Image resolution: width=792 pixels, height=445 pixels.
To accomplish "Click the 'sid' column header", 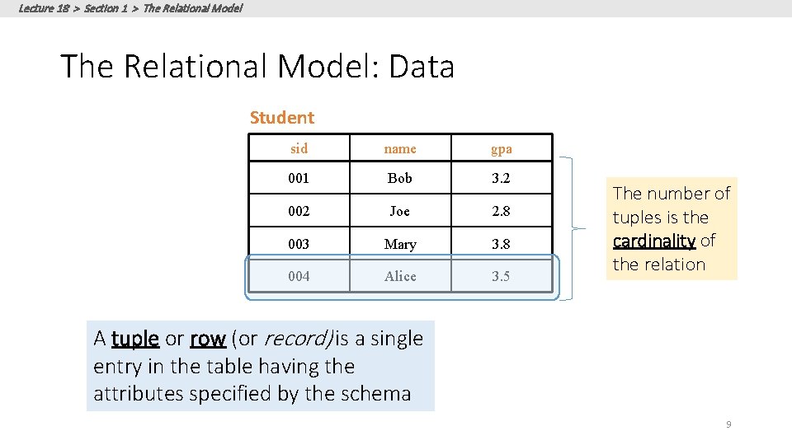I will pyautogui.click(x=299, y=149).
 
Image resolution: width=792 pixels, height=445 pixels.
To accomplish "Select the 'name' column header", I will pyautogui.click(x=400, y=149).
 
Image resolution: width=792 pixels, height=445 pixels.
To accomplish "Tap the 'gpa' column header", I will pyautogui.click(x=501, y=149).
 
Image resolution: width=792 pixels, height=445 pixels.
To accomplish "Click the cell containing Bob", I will pyautogui.click(x=400, y=178).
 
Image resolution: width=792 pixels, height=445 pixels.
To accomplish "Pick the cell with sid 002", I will pyautogui.click(x=299, y=211).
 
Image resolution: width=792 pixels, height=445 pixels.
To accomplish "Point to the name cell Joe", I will pyautogui.click(x=400, y=211).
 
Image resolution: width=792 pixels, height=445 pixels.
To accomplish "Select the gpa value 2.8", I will pyautogui.click(x=501, y=211).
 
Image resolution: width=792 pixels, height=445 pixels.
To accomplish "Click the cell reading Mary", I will pyautogui.click(x=400, y=244).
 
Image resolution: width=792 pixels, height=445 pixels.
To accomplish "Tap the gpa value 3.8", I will pyautogui.click(x=501, y=244).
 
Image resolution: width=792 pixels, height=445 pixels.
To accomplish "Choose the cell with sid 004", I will pyautogui.click(x=299, y=276).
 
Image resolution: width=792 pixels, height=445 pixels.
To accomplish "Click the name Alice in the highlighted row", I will pyautogui.click(x=400, y=276).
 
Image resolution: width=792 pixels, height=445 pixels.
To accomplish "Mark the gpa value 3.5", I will pyautogui.click(x=501, y=276).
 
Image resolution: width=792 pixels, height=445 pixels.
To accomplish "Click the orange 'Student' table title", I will pyautogui.click(x=282, y=118).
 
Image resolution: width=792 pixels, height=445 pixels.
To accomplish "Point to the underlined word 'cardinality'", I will pyautogui.click(x=654, y=241).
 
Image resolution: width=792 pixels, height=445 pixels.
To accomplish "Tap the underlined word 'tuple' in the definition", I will pyautogui.click(x=134, y=339).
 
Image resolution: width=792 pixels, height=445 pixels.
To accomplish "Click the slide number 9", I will pyautogui.click(x=728, y=424).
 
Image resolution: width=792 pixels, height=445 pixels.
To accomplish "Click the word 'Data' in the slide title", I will pyautogui.click(x=422, y=67).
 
